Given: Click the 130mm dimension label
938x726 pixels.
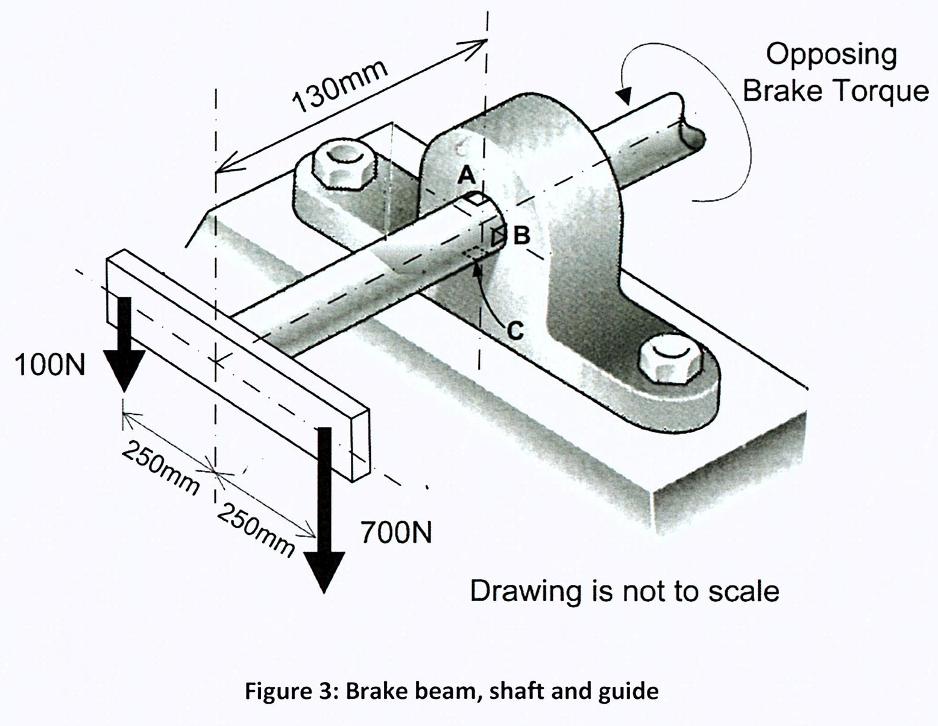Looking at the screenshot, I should coord(339,85).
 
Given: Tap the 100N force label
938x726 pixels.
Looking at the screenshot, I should coord(50,365).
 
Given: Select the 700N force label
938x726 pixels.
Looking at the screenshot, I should coord(396,532).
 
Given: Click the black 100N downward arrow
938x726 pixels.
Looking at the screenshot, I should coord(124,344).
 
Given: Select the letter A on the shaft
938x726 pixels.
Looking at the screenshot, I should coord(466,175).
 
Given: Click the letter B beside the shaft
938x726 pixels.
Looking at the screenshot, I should coord(521,235).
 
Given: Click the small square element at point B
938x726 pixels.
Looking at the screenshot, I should coord(499,236).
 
